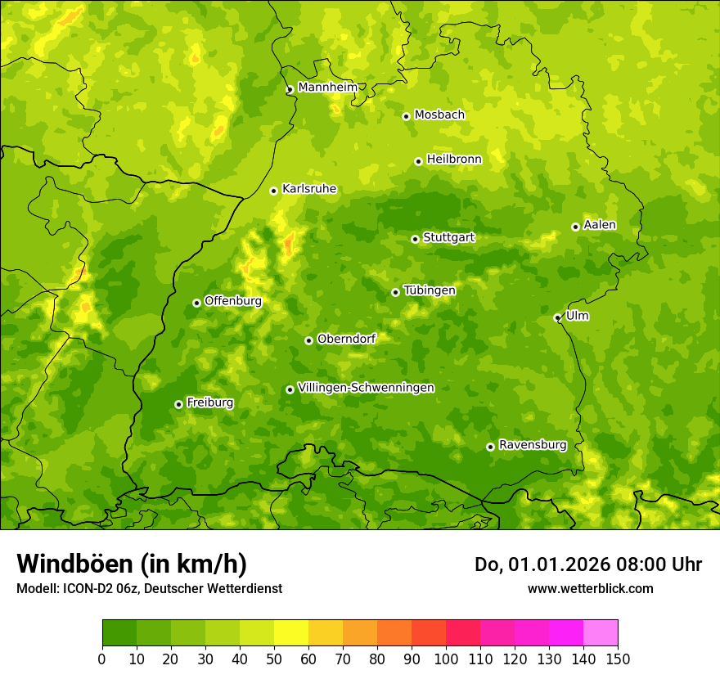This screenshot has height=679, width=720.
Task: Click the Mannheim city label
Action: (327, 88)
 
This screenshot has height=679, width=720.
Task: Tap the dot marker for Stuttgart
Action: (415, 239)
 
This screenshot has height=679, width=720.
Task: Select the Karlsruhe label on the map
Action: (309, 189)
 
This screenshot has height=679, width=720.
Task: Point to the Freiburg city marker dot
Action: (178, 404)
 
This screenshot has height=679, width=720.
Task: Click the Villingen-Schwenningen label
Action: (366, 388)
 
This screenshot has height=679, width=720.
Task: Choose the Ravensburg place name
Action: (533, 445)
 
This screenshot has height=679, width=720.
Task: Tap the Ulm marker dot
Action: (557, 317)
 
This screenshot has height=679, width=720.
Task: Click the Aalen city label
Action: (600, 225)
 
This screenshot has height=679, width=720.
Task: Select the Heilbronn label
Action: (454, 160)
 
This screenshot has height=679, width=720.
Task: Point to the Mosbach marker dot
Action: (406, 116)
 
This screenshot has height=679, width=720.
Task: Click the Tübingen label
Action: (430, 290)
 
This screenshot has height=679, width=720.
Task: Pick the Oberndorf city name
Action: (346, 339)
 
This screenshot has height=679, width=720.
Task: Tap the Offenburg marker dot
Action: (196, 303)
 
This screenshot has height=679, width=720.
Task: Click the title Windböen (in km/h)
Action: (132, 564)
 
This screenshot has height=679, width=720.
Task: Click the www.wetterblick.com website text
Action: (590, 588)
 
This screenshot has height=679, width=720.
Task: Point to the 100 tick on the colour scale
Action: (446, 659)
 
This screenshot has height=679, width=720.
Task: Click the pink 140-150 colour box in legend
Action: (601, 633)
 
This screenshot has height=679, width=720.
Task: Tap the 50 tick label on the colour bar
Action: (274, 659)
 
